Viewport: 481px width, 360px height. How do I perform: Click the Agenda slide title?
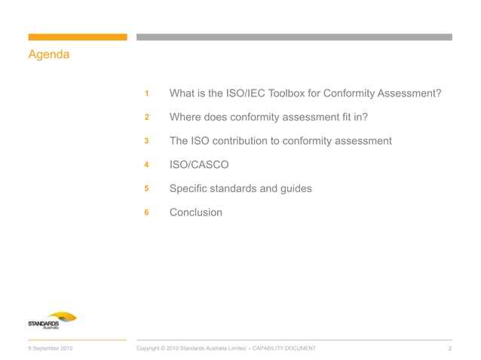coord(49,55)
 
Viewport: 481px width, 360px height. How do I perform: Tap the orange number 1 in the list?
coord(147,94)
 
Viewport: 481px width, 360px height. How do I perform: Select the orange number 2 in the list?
coord(147,117)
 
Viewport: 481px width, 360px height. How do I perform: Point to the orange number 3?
coord(147,141)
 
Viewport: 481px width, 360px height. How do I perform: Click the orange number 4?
coord(147,165)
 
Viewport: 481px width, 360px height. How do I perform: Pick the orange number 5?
coord(147,189)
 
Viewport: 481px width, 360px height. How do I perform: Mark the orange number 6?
coord(147,212)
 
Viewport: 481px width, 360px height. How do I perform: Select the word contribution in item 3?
coord(246,141)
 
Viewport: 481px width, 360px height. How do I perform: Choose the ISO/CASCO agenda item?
coord(199,165)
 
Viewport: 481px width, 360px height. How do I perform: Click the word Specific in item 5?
coord(192,189)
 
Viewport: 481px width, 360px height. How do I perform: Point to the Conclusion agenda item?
coord(196,212)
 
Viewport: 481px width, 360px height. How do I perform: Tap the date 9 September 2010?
coord(51,348)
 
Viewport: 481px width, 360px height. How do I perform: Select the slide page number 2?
coord(449,348)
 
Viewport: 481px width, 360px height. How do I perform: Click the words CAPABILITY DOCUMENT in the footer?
coord(283,348)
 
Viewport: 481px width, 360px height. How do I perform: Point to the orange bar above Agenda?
coord(78,37)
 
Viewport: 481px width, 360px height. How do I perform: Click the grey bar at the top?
coord(294,37)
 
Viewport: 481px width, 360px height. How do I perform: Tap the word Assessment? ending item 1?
coord(409,94)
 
